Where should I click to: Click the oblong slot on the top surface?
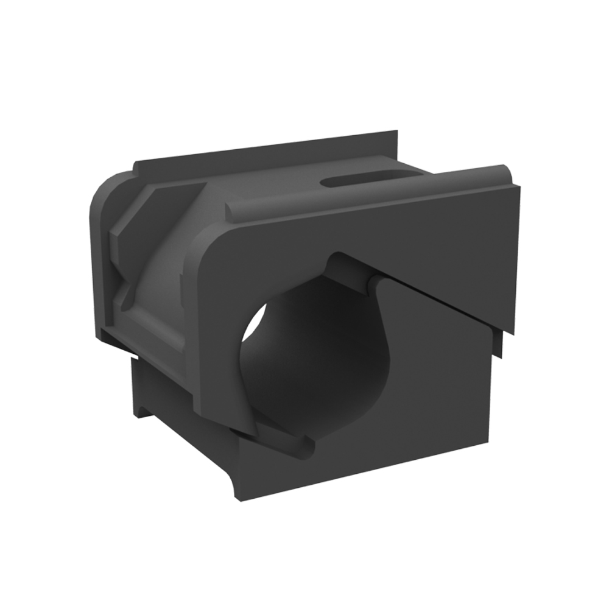356,179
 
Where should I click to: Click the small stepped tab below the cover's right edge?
499,344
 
